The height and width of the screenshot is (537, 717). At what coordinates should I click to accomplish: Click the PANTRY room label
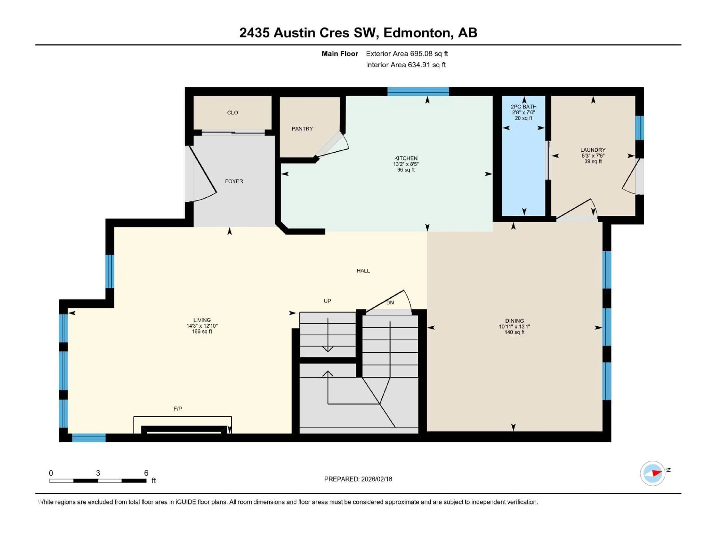point(302,129)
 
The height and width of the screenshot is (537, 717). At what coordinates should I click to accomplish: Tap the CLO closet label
point(232,113)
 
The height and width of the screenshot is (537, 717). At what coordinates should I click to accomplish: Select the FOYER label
point(234,181)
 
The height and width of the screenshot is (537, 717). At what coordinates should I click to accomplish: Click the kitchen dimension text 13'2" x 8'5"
point(406,164)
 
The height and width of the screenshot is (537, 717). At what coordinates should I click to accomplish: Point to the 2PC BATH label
point(524,106)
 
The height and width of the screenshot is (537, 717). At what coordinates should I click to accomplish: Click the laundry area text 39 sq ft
point(593,161)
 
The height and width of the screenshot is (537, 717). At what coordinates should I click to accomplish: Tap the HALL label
point(363,271)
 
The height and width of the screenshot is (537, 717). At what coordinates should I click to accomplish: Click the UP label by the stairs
point(327,301)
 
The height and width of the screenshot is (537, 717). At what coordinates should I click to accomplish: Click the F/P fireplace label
point(178,409)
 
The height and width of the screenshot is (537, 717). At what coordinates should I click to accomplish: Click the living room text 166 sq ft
point(202,332)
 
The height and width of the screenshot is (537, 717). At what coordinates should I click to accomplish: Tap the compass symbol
point(653,473)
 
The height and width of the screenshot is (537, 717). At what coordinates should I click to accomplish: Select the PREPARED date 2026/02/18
point(358,479)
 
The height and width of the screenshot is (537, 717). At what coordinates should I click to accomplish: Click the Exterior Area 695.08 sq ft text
point(407,54)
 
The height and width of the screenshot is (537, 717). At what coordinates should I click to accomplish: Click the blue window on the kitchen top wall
point(418,92)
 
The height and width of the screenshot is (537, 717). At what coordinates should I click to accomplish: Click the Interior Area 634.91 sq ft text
point(406,65)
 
